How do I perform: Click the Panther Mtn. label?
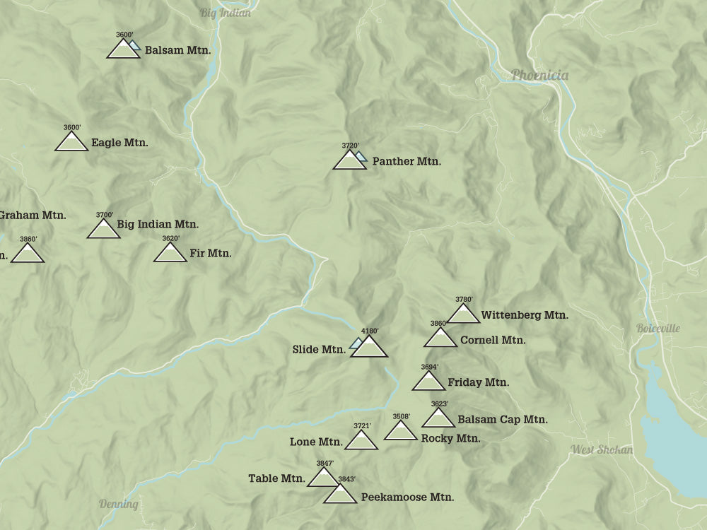(x=407, y=161)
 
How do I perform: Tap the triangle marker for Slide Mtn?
(x=370, y=347)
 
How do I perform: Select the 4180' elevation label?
(x=370, y=331)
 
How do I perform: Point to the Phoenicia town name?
(x=539, y=75)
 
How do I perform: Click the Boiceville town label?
(x=658, y=329)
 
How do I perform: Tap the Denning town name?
(x=118, y=504)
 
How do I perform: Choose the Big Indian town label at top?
(x=225, y=13)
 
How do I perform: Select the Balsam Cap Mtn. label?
(x=503, y=419)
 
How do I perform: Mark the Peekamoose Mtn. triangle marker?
(x=340, y=495)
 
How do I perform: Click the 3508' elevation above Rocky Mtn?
(x=401, y=416)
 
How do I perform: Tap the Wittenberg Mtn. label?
(x=525, y=315)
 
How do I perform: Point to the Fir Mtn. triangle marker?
(x=170, y=253)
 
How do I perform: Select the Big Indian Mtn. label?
(x=158, y=224)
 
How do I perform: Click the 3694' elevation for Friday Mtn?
(x=429, y=367)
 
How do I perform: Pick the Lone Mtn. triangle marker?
(x=361, y=441)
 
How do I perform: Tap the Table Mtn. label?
(x=276, y=478)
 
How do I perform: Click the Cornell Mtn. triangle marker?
(x=440, y=338)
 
